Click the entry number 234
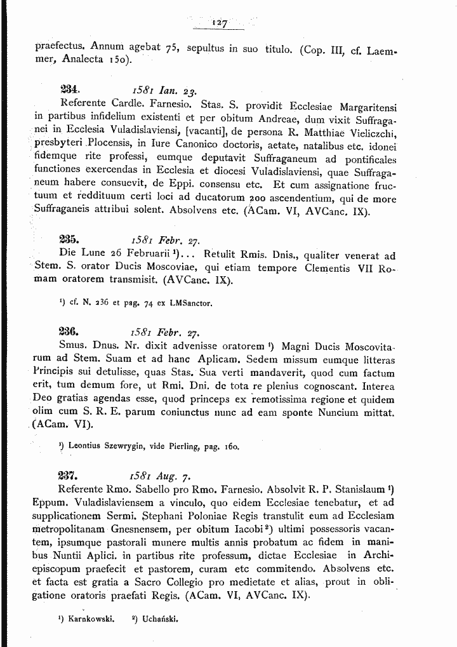tap(68, 89)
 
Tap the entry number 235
tap(68, 241)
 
